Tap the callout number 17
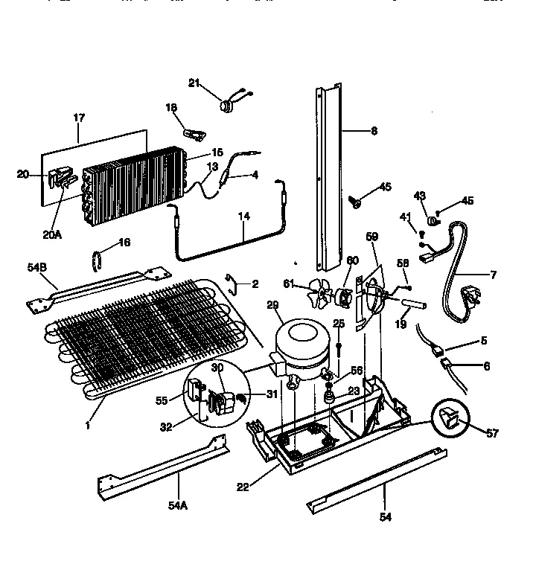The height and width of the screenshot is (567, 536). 78,118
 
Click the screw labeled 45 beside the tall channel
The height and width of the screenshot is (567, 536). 357,200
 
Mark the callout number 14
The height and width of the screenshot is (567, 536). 243,216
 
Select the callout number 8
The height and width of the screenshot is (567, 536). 374,130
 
